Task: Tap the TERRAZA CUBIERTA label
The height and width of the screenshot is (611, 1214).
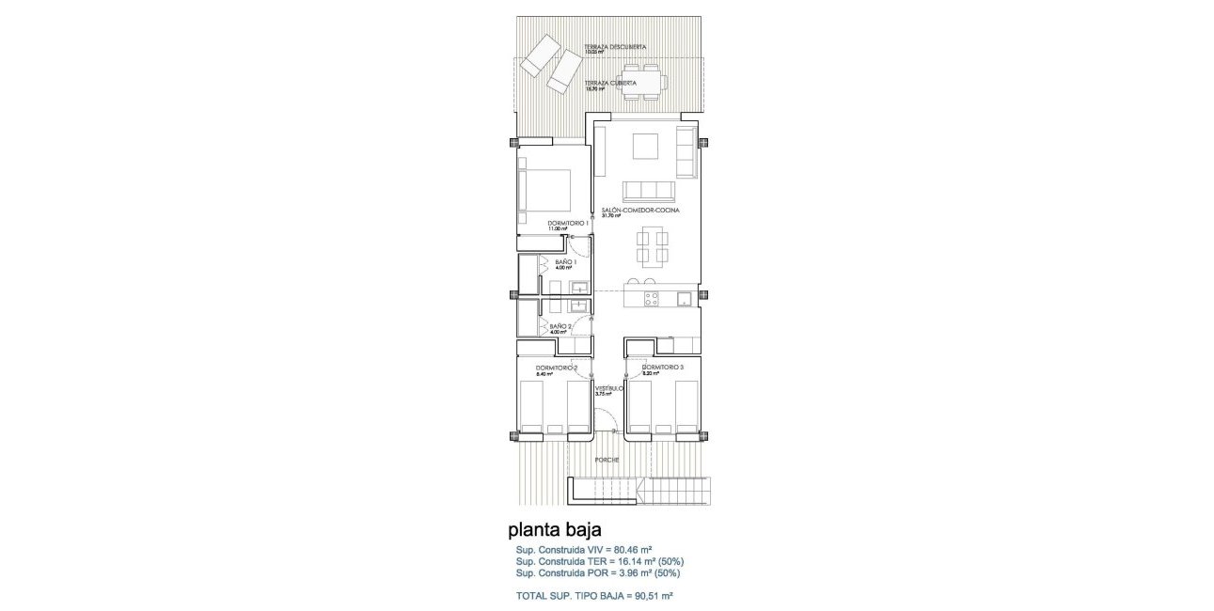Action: click(x=611, y=83)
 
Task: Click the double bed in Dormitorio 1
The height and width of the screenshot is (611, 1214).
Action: click(x=546, y=194)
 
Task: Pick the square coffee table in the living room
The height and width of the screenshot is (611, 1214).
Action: click(x=646, y=148)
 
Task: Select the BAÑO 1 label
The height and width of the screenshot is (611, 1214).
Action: click(x=565, y=262)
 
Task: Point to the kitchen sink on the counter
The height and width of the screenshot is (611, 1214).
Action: click(x=684, y=299)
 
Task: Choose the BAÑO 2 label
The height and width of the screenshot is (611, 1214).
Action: click(x=561, y=326)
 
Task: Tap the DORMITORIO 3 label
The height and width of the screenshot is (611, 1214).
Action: click(x=662, y=368)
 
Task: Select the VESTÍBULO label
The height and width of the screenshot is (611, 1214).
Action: click(x=608, y=387)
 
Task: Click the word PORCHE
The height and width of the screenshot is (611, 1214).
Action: click(x=607, y=461)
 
